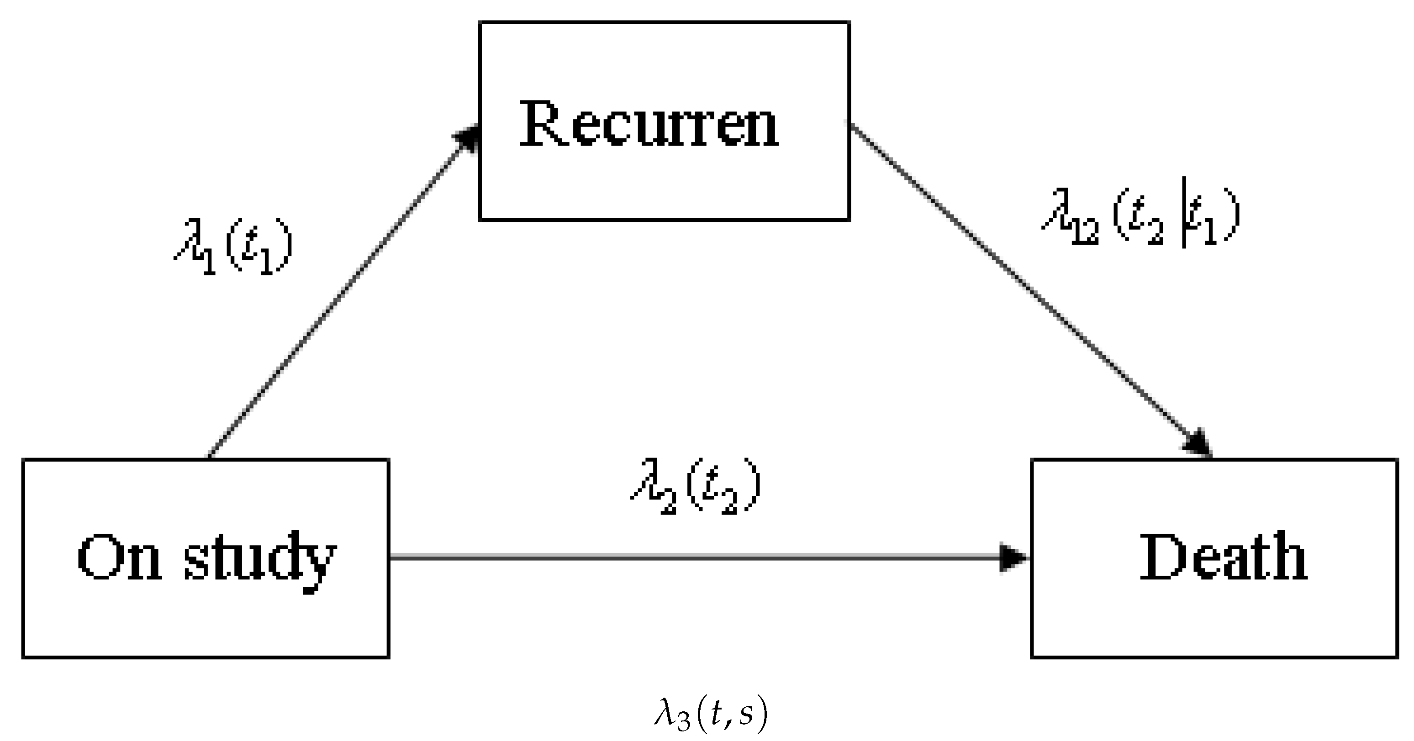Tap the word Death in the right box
click(1223, 558)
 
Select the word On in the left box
click(120, 558)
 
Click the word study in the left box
click(259, 560)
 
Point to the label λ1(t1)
click(233, 247)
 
